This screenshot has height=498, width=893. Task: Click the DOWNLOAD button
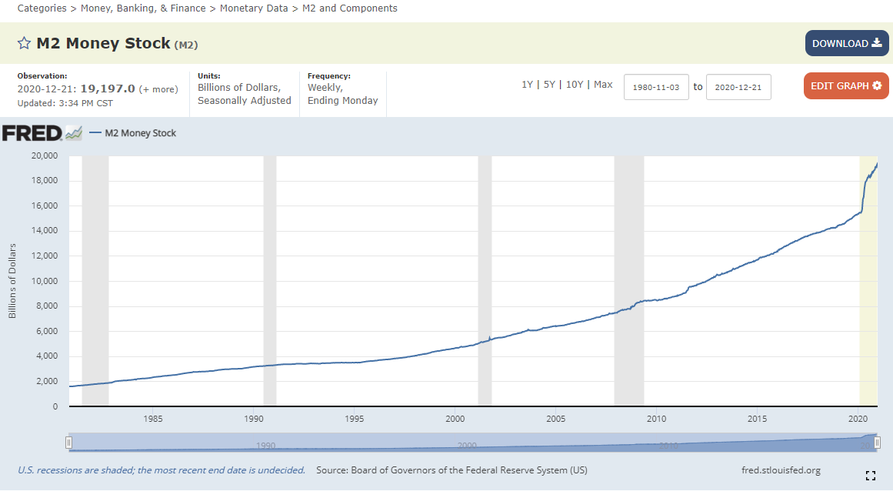(846, 44)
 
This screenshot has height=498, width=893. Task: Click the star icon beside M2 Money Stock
(24, 43)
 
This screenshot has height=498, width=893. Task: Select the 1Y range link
(527, 85)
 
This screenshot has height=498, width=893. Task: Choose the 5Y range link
(549, 85)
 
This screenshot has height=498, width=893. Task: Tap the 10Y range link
(575, 85)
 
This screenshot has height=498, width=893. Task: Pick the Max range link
(603, 85)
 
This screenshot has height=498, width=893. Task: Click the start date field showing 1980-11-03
(655, 87)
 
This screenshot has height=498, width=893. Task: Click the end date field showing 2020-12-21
(738, 87)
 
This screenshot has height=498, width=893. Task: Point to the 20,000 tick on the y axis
(44, 155)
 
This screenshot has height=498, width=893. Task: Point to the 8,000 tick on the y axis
(47, 306)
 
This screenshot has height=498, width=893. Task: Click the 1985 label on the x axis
(152, 419)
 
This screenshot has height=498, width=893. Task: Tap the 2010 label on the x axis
(656, 419)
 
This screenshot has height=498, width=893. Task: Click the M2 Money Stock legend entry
(140, 133)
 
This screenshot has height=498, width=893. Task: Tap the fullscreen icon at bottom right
(871, 476)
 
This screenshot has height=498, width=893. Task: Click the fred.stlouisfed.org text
(781, 470)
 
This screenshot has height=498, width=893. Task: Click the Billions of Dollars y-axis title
(12, 281)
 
